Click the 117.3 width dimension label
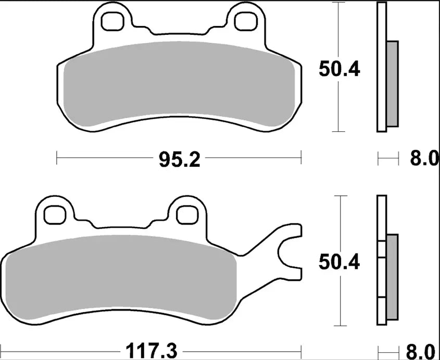(150, 349)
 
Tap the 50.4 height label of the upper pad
(339, 69)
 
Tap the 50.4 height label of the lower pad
(340, 263)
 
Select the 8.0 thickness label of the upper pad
(424, 158)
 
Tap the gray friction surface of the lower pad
(120, 276)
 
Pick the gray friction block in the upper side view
(392, 83)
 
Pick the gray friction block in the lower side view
(392, 277)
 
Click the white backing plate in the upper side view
(381, 68)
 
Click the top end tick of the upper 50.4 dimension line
(339, 3)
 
